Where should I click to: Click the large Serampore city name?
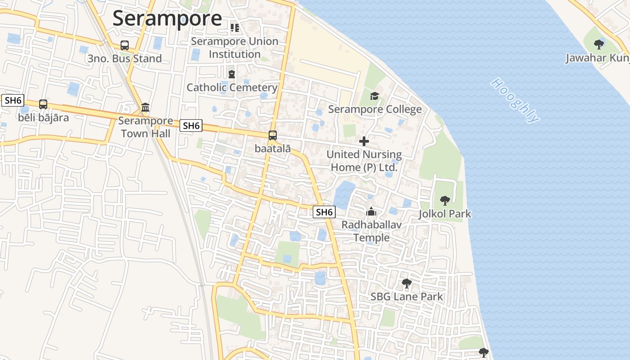[167, 18]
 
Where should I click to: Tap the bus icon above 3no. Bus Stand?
[125, 45]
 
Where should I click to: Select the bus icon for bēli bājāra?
[43, 104]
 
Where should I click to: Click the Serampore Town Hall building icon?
[145, 108]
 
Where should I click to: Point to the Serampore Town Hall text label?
[145, 127]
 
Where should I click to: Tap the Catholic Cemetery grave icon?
[231, 74]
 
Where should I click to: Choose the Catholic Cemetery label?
[232, 87]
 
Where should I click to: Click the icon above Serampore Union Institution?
[234, 28]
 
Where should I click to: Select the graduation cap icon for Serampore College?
[374, 96]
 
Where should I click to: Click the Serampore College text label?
[375, 109]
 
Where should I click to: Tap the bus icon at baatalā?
[273, 135]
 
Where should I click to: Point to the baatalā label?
[273, 148]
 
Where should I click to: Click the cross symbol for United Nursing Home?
[364, 142]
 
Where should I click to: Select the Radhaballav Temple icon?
[371, 211]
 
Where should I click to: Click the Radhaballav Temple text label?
[371, 230]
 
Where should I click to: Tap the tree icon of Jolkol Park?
[445, 200]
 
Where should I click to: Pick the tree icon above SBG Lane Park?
[406, 283]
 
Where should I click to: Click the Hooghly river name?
[515, 100]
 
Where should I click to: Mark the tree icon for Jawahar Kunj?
[598, 44]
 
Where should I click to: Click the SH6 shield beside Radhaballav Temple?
[324, 212]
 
